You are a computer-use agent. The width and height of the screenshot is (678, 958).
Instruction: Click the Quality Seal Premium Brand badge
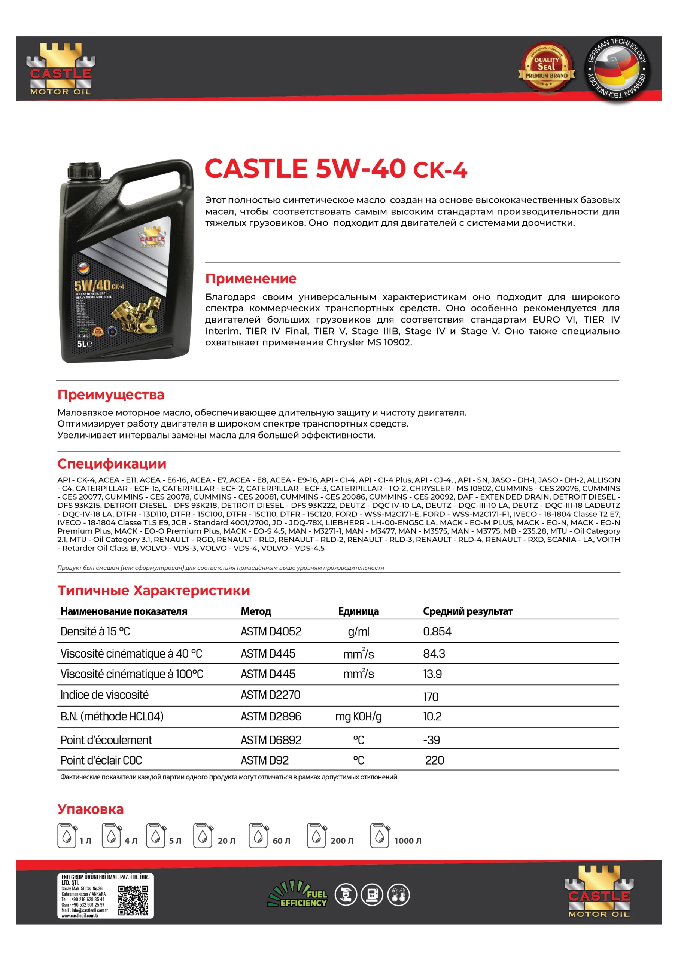tap(546, 68)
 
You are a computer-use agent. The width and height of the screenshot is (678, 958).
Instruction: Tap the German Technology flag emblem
tap(617, 68)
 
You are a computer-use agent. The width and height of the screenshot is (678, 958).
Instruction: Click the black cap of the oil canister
tap(84, 171)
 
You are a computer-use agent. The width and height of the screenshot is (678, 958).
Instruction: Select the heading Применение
tap(250, 278)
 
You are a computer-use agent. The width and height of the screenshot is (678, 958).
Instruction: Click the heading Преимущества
tap(111, 394)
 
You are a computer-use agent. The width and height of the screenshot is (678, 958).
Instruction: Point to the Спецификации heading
tap(112, 464)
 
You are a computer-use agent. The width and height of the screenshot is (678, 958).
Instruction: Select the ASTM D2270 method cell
tap(270, 695)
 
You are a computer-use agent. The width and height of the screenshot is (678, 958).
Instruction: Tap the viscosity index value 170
tap(431, 697)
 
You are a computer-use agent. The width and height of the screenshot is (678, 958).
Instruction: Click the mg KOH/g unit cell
tap(358, 716)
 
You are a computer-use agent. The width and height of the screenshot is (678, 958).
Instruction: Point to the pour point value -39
tap(431, 740)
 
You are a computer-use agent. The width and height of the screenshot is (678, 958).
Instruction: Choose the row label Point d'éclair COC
tap(101, 760)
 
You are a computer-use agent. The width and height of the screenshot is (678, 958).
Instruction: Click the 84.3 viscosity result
tap(434, 653)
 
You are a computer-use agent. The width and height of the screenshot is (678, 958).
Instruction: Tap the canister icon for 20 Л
tap(203, 835)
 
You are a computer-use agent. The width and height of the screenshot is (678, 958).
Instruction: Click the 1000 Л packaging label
tap(407, 841)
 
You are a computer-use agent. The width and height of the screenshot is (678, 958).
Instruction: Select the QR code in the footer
tap(133, 900)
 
